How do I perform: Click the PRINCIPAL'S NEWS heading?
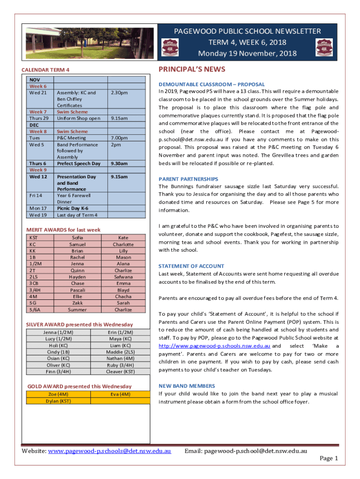pos(192,70)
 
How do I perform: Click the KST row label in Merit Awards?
pos(34,238)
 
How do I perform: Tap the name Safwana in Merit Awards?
pos(123,277)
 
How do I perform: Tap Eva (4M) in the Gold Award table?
pos(120,394)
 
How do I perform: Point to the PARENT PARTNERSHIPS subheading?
pos(188,179)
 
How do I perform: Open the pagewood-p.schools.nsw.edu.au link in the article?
pos(214,346)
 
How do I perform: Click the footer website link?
pos(109,451)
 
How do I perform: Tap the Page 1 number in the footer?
pos(329,458)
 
